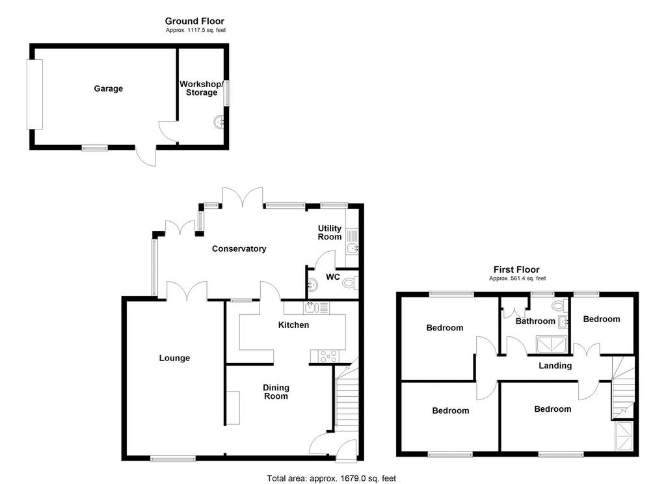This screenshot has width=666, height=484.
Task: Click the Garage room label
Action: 109,88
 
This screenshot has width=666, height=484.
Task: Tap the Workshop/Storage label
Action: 202,88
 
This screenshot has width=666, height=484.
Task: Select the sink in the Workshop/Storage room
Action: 220,122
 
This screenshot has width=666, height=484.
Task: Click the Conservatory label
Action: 239,249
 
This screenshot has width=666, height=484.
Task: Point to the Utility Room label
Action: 330,232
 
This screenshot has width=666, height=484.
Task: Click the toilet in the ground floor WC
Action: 351,282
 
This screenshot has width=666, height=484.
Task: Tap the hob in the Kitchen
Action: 329,356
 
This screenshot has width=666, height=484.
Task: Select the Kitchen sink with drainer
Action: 317,308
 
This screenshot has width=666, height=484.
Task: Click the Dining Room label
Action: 276,392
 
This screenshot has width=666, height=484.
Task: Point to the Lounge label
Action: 174,358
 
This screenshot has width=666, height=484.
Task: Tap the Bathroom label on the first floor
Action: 535,321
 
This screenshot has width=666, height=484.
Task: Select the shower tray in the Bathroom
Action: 552,344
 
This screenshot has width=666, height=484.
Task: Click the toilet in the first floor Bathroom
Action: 560,305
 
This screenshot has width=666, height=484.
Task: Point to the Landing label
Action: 555,366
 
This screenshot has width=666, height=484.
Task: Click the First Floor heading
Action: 516,269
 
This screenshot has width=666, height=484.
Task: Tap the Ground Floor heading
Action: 194,21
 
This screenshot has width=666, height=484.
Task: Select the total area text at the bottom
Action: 331,479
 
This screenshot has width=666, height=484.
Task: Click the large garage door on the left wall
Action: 35,94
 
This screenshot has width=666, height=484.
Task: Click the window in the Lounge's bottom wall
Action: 173,458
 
